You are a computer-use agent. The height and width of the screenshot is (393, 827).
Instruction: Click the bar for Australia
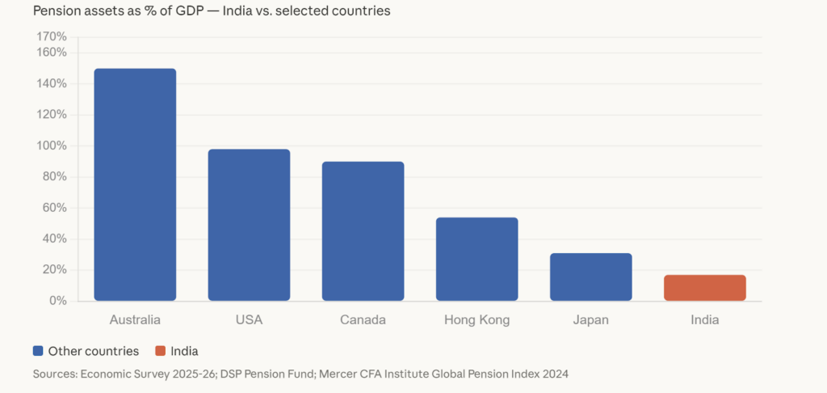pyautogui.click(x=135, y=184)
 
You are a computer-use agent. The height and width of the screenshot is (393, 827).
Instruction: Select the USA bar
pyautogui.click(x=249, y=225)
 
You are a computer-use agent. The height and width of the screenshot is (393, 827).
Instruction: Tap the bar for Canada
pyautogui.click(x=363, y=231)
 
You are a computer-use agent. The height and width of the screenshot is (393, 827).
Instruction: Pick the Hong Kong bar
pyautogui.click(x=476, y=259)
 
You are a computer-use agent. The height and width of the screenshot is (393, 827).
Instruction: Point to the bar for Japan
pyautogui.click(x=590, y=277)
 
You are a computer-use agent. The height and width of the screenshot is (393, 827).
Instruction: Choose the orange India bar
pyautogui.click(x=704, y=288)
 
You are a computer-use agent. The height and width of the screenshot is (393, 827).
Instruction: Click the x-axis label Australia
pyautogui.click(x=135, y=320)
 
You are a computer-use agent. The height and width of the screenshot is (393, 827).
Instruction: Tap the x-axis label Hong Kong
pyautogui.click(x=476, y=320)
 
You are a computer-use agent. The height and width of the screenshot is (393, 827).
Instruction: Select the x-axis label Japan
pyautogui.click(x=590, y=320)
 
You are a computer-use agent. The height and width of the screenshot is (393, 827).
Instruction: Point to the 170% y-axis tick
pyautogui.click(x=52, y=36)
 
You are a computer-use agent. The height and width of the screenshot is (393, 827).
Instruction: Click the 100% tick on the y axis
pyautogui.click(x=52, y=146)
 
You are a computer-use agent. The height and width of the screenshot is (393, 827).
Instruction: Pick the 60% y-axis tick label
pyautogui.click(x=55, y=208)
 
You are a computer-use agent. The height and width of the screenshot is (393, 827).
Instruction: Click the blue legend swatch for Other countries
pyautogui.click(x=38, y=351)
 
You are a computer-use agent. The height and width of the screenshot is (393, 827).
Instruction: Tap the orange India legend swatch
pyautogui.click(x=160, y=351)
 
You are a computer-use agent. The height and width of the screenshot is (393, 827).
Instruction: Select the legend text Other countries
pyautogui.click(x=94, y=351)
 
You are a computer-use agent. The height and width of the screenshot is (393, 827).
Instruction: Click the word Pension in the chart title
pyautogui.click(x=56, y=11)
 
